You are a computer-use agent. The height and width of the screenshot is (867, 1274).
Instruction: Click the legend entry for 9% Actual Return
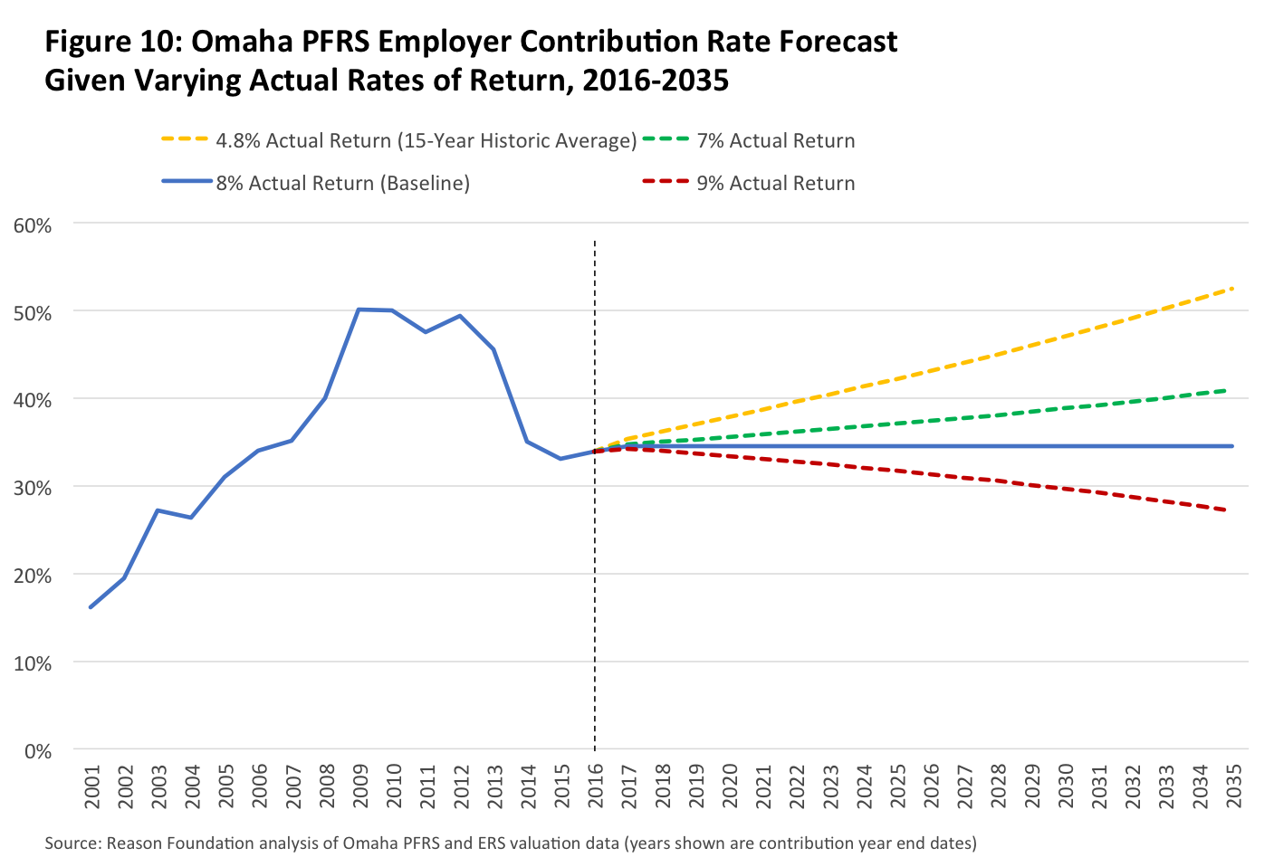point(775,183)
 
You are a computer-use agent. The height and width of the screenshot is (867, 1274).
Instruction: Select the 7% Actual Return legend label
point(775,141)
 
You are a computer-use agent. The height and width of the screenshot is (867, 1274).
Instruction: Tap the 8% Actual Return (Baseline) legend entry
point(342,183)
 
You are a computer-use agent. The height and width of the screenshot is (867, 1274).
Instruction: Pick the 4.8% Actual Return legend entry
point(426,141)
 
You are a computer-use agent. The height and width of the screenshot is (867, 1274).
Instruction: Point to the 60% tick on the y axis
point(33,224)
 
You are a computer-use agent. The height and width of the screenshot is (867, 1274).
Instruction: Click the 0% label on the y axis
point(38,751)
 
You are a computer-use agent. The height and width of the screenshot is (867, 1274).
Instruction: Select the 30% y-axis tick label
point(33,488)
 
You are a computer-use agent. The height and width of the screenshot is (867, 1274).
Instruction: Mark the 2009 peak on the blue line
point(359,310)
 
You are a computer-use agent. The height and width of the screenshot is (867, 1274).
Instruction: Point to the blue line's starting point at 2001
point(91,607)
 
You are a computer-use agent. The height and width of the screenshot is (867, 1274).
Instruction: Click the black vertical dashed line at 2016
point(595,588)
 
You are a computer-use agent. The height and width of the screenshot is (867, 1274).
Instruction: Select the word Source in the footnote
point(71,843)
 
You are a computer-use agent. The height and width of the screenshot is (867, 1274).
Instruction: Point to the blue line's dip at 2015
point(560,459)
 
